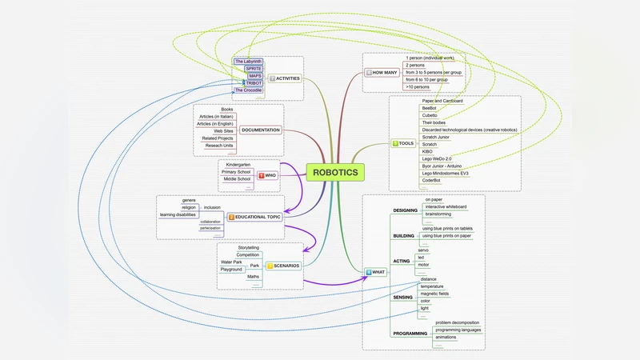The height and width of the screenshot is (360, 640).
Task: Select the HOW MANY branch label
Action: pos(385,73)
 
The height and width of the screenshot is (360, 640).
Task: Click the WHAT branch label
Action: pos(375,272)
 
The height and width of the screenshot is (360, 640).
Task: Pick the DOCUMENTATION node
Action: pos(261,130)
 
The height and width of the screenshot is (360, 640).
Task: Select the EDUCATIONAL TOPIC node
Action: pos(255,217)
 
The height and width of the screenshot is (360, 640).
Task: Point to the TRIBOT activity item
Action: pos(254,83)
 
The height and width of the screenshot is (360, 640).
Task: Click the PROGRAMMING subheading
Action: pos(410,333)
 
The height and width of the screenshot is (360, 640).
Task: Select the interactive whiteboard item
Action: pos(446,206)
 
